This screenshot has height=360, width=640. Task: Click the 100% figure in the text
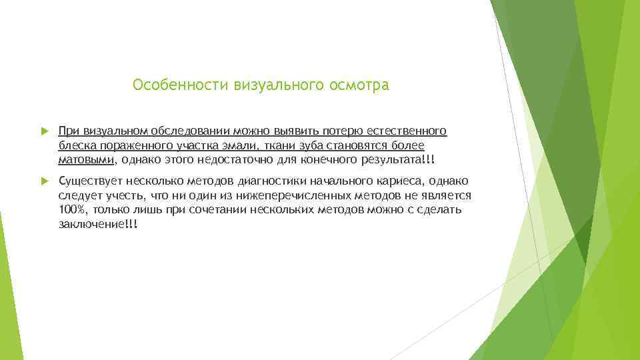[71, 210]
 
